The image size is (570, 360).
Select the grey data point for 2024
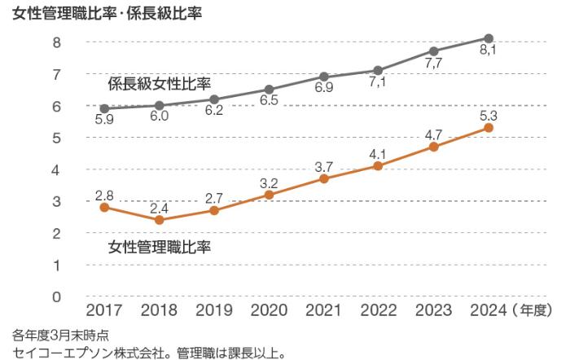click(x=489, y=38)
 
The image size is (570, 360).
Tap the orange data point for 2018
click(x=159, y=220)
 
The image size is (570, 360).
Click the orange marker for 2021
click(x=324, y=178)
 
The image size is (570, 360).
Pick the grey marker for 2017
click(x=104, y=108)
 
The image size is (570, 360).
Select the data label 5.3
click(x=487, y=112)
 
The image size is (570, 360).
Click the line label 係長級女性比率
click(x=160, y=84)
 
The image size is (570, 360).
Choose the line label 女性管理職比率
click(x=160, y=247)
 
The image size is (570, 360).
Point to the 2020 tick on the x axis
click(x=269, y=310)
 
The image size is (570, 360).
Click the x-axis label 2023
click(x=433, y=310)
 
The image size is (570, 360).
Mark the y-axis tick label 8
click(x=57, y=42)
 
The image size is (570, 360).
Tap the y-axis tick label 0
click(x=57, y=297)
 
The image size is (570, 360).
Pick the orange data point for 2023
click(x=434, y=147)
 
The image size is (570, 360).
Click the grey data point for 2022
click(x=379, y=70)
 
